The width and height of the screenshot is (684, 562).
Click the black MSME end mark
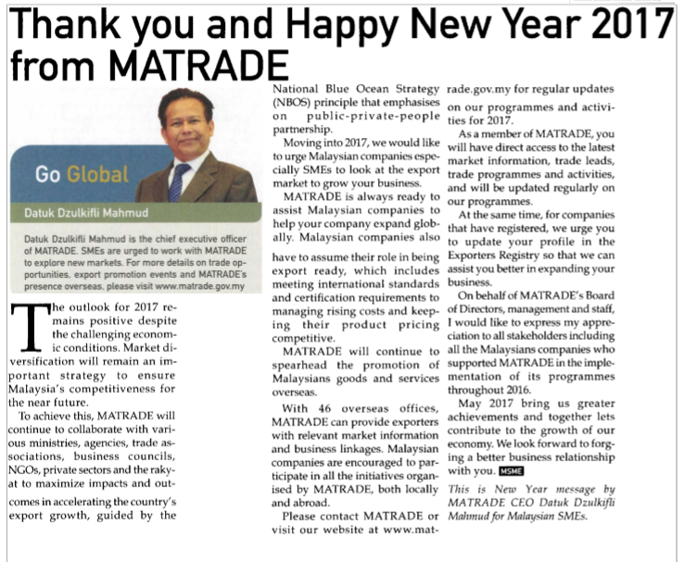512,470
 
